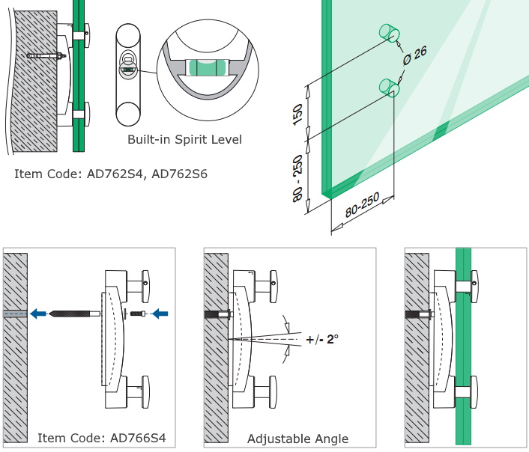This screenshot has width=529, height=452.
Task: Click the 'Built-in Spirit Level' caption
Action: click(184, 140)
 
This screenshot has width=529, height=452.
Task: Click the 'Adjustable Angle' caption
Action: click(297, 439)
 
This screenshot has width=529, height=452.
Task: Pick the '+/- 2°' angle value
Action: click(322, 339)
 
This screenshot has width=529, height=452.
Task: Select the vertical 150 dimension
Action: click(297, 114)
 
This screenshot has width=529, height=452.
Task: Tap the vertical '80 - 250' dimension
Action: click(299, 177)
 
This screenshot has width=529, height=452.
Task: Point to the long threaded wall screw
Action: click(75, 313)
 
